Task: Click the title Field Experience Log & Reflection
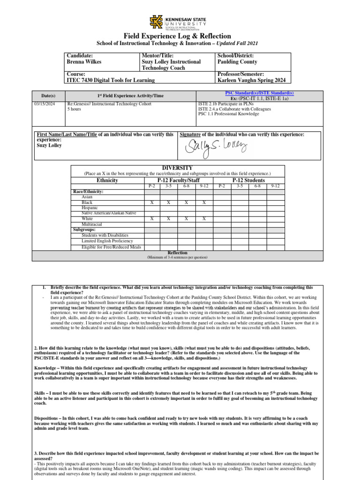pyautogui.click(x=177, y=36)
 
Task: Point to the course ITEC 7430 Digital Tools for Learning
pyautogui.click(x=111, y=81)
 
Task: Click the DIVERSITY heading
pyautogui.click(x=177, y=168)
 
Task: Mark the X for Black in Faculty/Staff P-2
pyautogui.click(x=151, y=202)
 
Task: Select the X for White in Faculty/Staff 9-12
pyautogui.click(x=204, y=219)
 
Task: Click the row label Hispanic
pyautogui.click(x=90, y=208)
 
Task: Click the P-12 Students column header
pyautogui.click(x=248, y=180)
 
